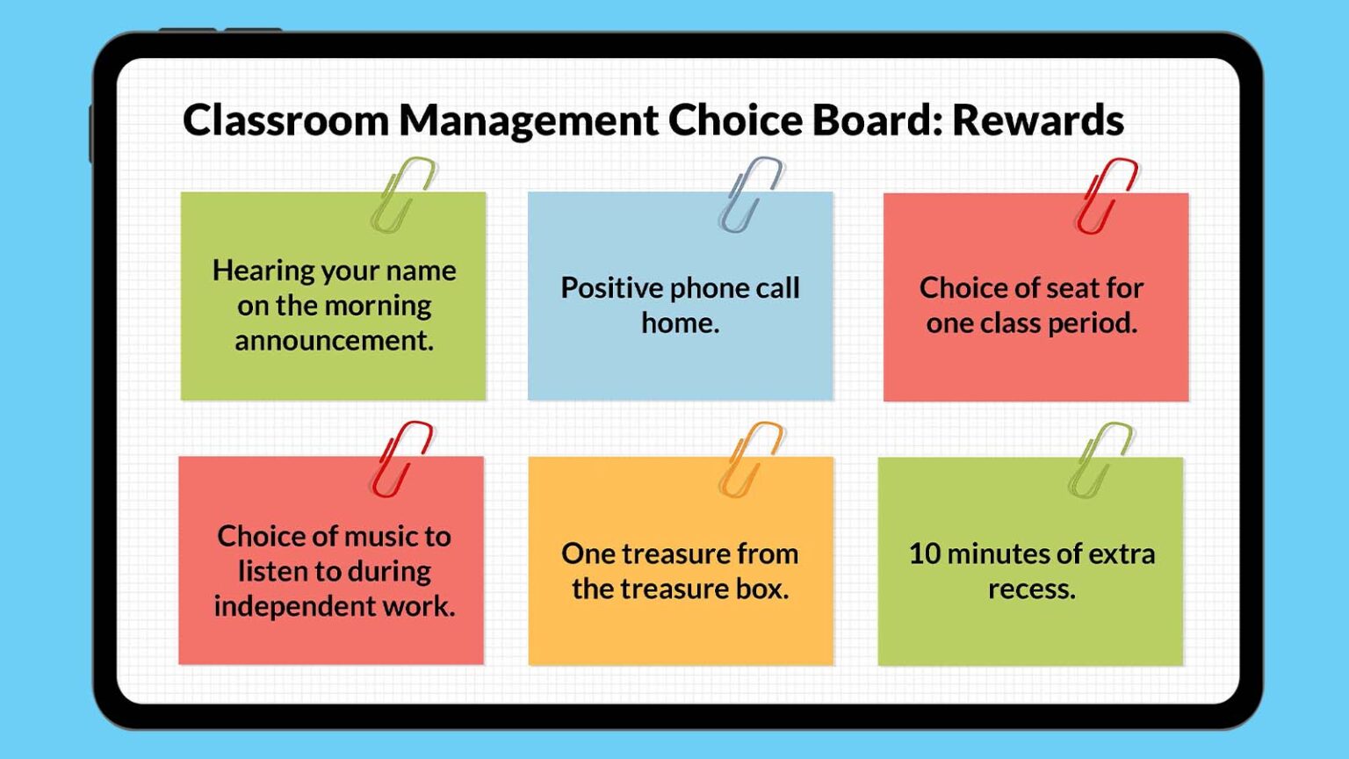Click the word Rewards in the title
pos(1037,120)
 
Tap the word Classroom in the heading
pos(285,120)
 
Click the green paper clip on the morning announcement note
pos(402,194)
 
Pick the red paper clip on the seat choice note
pos(1106,195)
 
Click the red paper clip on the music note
pos(401,459)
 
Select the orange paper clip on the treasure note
pos(750,459)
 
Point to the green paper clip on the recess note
pos(1100,459)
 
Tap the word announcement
pos(334,341)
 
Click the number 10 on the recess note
pos(924,553)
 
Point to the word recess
pos(1031,589)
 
